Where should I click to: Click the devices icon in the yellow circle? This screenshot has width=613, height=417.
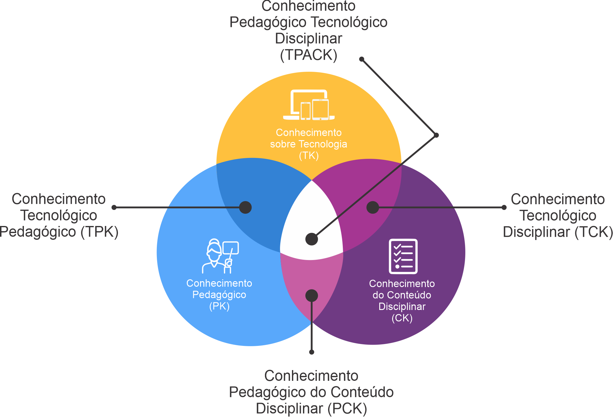[309, 105]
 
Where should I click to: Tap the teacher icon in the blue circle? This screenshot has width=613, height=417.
[220, 256]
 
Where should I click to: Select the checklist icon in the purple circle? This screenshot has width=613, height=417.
[403, 256]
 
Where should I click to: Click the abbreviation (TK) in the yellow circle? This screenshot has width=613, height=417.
[309, 156]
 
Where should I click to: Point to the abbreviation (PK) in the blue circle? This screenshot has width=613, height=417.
[219, 306]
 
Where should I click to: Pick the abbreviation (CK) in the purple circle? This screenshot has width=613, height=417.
[402, 318]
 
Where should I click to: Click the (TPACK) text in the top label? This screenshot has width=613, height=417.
[309, 55]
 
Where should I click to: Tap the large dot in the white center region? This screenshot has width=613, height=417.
[312, 239]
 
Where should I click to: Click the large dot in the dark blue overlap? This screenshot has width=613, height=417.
[245, 207]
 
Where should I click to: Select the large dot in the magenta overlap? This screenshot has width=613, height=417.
[373, 207]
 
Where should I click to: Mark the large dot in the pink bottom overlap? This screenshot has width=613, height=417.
[312, 296]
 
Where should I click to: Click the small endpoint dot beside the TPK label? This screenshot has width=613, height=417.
[114, 207]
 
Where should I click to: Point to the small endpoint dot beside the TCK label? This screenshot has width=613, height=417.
[504, 207]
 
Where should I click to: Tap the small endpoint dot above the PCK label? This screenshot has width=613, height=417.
[312, 352]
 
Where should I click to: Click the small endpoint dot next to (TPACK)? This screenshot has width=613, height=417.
[361, 59]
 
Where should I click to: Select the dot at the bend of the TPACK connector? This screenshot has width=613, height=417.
[437, 135]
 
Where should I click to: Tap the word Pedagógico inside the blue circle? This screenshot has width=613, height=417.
[219, 295]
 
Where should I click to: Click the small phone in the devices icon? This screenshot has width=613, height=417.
[305, 111]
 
